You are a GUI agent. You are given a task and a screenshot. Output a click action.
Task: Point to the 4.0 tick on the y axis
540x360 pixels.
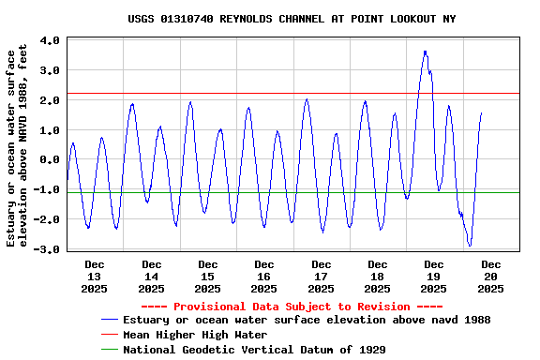pyautogui.click(x=51, y=40)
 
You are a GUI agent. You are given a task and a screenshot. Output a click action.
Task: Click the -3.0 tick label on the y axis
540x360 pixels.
pyautogui.click(x=51, y=249)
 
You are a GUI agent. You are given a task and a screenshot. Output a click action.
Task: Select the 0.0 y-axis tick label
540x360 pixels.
pyautogui.click(x=51, y=159)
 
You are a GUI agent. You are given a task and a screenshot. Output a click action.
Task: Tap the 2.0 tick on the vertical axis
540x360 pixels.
pyautogui.click(x=51, y=100)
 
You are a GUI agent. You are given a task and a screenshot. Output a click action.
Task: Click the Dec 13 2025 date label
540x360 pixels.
pyautogui.click(x=95, y=277)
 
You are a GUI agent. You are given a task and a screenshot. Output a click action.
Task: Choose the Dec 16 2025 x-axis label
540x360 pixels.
pyautogui.click(x=264, y=277)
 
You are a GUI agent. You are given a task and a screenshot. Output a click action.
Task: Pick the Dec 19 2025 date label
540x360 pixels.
pyautogui.click(x=434, y=277)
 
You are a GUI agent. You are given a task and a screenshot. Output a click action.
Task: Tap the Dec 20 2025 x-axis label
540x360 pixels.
pyautogui.click(x=491, y=277)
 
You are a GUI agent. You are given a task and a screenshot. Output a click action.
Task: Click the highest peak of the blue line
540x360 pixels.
pyautogui.click(x=425, y=52)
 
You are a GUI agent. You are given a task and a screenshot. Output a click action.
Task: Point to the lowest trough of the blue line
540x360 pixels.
pyautogui.click(x=470, y=246)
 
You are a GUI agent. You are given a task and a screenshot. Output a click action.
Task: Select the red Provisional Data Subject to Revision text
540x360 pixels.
pyautogui.click(x=292, y=307)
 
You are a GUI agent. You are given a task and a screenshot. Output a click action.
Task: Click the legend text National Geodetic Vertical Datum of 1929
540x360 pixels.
pyautogui.click(x=254, y=349)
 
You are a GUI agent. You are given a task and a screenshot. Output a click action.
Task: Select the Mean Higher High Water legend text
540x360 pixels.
pyautogui.click(x=195, y=335)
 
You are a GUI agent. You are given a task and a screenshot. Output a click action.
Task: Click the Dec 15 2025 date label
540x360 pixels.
pyautogui.click(x=208, y=277)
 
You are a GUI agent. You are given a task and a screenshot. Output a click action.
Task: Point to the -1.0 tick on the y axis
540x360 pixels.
pyautogui.click(x=51, y=189)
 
